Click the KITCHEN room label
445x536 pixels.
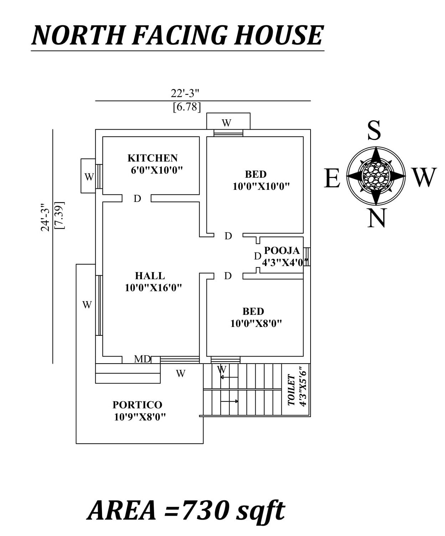(152, 158)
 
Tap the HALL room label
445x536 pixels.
(150, 276)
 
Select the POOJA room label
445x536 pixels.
(282, 250)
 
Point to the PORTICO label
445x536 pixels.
(137, 405)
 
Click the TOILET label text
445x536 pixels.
(291, 390)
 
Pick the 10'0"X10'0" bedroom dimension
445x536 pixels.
(261, 186)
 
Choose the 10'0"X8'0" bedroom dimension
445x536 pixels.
(256, 323)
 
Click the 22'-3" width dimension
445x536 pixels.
(185, 93)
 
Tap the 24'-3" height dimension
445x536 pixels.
(45, 217)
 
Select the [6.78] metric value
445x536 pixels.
(186, 107)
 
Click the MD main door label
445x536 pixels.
(142, 359)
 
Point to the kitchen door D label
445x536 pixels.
(137, 199)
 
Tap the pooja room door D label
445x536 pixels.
(257, 256)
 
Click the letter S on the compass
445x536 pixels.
(374, 130)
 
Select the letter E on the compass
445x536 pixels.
(332, 178)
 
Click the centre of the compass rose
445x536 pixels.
(376, 176)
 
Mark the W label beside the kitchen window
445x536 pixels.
(88, 177)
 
